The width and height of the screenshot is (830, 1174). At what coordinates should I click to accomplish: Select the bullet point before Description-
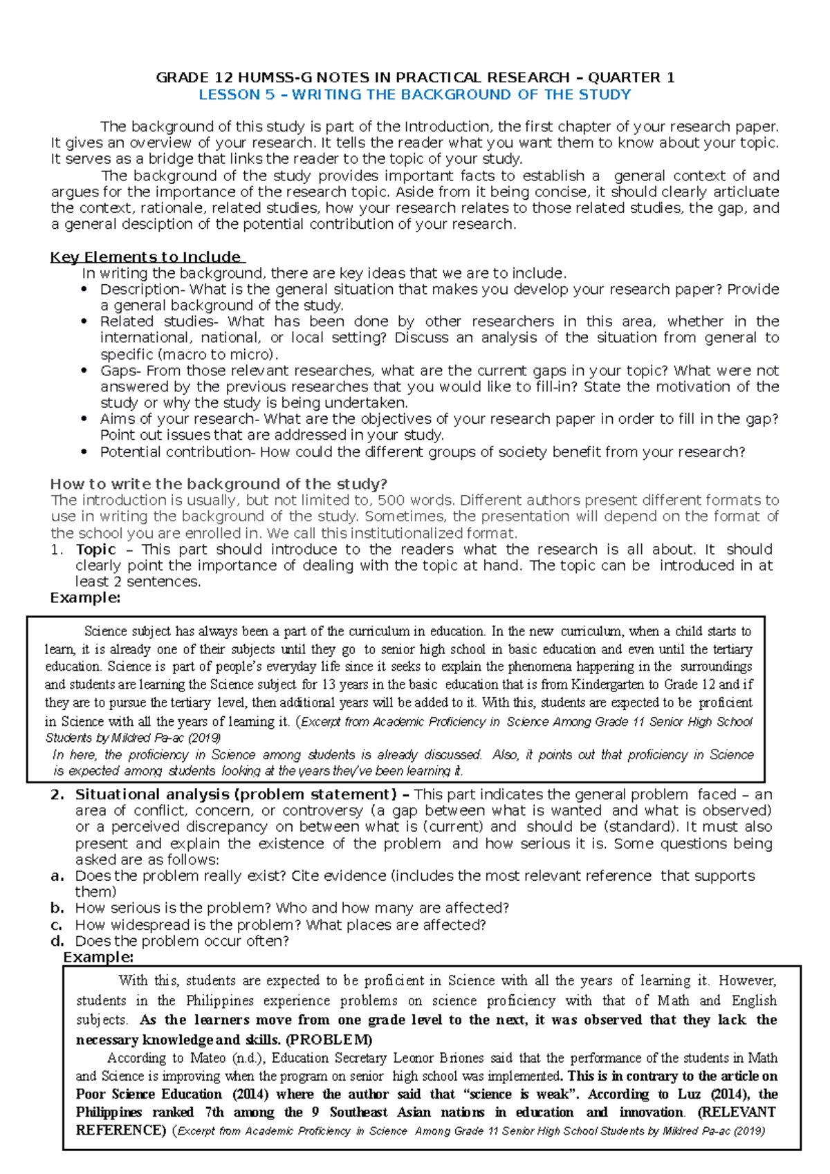pyautogui.click(x=84, y=290)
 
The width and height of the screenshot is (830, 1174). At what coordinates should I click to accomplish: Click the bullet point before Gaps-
pyautogui.click(x=84, y=371)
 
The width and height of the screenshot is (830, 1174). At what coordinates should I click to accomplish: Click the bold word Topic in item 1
pyautogui.click(x=95, y=549)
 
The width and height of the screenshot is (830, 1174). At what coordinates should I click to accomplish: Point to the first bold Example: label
pyautogui.click(x=85, y=598)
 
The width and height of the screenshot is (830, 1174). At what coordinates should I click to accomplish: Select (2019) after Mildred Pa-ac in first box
pyautogui.click(x=204, y=738)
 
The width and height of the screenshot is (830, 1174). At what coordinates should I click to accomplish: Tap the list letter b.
pyautogui.click(x=57, y=909)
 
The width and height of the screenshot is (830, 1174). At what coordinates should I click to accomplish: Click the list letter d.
pyautogui.click(x=57, y=941)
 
